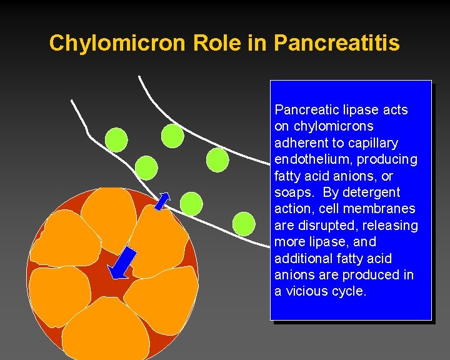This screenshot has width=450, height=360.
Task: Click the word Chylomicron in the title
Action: pos(118,43)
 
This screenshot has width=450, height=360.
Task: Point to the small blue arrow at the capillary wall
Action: pos(162,201)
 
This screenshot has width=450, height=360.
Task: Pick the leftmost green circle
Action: pos(116,139)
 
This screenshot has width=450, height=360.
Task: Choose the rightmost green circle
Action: pos(244,223)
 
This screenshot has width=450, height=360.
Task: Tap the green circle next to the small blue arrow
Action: pos(191,204)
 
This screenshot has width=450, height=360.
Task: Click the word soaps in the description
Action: pos(296,192)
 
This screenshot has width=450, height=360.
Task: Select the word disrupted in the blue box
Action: pos(322,225)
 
